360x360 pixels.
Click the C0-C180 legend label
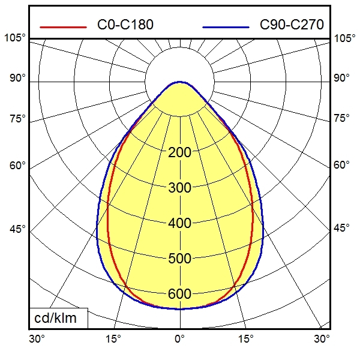tap(125, 25)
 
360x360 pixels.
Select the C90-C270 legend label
tap(292, 25)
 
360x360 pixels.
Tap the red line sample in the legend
tap(62, 26)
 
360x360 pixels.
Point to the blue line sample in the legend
tap(226, 26)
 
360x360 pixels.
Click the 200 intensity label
tap(179, 152)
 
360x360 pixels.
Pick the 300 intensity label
tap(179, 188)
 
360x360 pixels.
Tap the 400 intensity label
tap(179, 223)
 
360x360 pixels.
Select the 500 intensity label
tap(179, 259)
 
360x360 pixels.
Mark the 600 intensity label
tap(179, 294)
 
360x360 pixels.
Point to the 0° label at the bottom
tap(179, 339)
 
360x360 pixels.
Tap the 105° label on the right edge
tap(344, 38)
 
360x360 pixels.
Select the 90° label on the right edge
tap(342, 78)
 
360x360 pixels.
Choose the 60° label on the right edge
tap(342, 165)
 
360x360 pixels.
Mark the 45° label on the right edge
tap(342, 229)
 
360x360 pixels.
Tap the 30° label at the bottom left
tap(37, 339)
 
